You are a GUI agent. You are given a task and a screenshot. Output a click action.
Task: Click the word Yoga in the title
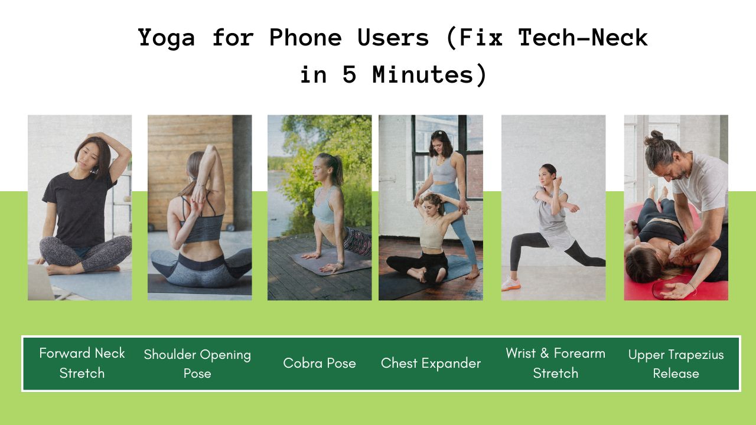(x=167, y=38)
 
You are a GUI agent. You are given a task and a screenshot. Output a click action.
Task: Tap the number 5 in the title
(x=350, y=74)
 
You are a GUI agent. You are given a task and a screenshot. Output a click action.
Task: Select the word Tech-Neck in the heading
(x=583, y=37)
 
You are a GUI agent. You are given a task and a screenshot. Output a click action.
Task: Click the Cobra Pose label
(x=320, y=363)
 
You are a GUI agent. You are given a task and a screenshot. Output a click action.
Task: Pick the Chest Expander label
(x=431, y=363)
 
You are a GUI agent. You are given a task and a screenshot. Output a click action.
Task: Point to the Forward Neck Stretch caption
(x=82, y=363)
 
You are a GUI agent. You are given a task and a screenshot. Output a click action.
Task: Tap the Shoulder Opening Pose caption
(x=197, y=364)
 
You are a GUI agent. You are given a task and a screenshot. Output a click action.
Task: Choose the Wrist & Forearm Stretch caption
(x=556, y=363)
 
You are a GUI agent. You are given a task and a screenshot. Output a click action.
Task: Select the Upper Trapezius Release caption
(x=676, y=364)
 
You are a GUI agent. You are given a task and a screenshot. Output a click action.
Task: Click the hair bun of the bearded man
(x=656, y=136)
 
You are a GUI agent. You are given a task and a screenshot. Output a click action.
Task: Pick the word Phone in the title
(x=305, y=37)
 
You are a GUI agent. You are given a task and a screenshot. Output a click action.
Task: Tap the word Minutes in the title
(x=423, y=74)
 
